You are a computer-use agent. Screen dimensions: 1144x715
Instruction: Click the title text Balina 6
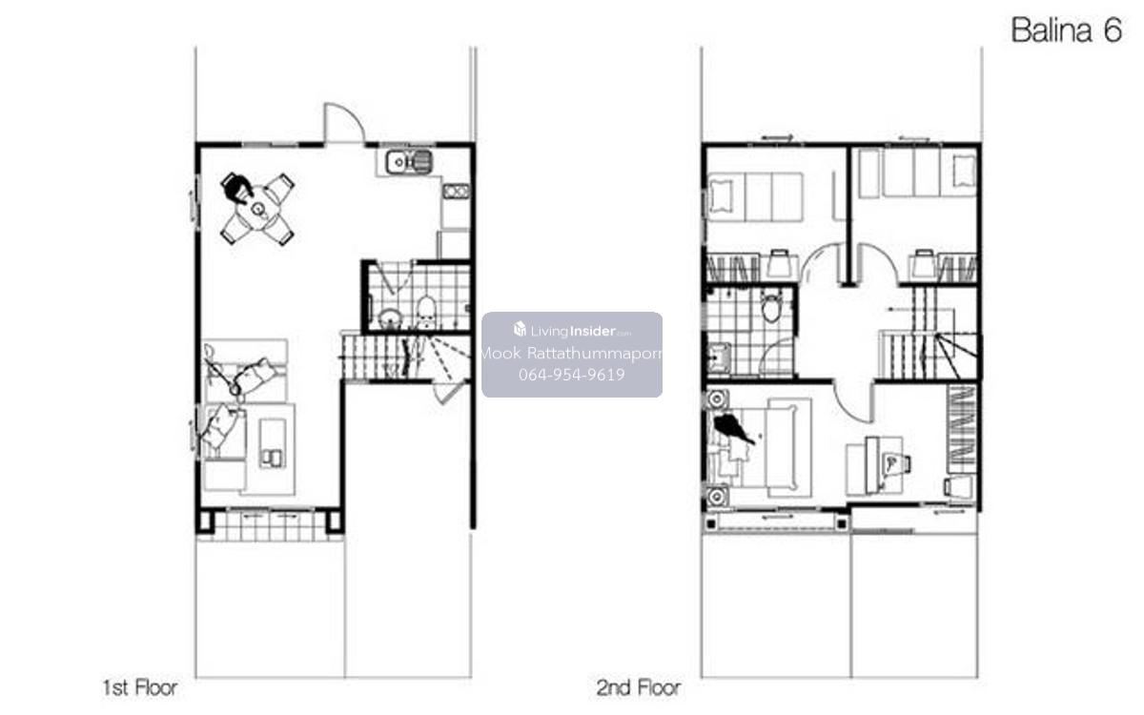(x=1067, y=31)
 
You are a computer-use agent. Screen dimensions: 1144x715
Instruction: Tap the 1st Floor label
(x=140, y=688)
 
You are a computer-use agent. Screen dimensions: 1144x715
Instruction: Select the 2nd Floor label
(x=639, y=688)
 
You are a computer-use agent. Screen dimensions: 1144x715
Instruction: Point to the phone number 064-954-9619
(x=571, y=375)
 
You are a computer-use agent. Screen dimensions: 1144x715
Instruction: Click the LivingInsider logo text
(x=572, y=331)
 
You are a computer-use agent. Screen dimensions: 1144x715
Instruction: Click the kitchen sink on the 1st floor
(x=409, y=162)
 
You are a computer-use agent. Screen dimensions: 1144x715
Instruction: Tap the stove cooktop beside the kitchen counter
(x=456, y=191)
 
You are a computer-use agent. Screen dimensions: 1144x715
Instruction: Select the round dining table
(x=258, y=209)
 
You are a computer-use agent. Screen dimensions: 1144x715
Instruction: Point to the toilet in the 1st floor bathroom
(x=425, y=311)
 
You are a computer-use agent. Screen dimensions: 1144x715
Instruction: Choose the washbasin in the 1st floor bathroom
(x=391, y=319)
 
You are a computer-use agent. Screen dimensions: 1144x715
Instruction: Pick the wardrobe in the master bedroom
(x=962, y=429)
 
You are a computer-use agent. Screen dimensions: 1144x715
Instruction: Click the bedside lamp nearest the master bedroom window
(x=716, y=496)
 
